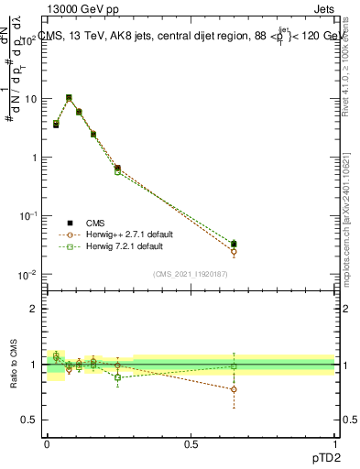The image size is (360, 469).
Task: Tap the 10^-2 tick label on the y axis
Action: (27, 274)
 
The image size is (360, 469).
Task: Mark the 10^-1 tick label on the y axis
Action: (27, 215)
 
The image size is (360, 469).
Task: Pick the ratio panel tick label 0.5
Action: (30, 420)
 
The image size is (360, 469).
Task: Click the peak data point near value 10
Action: (69, 97)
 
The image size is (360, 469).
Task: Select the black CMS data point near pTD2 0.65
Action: (234, 244)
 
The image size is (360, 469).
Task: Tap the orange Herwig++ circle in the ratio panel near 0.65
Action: (234, 389)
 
